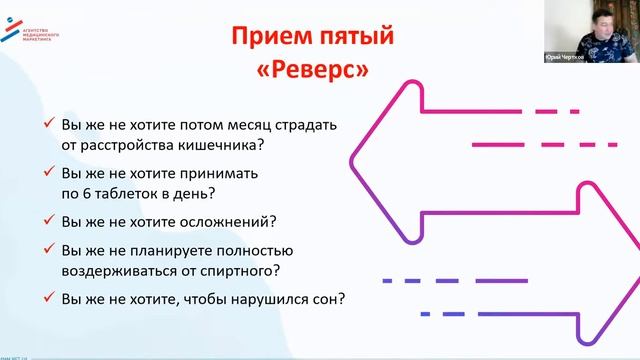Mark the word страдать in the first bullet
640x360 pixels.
[299, 124]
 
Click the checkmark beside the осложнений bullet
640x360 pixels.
[49, 220]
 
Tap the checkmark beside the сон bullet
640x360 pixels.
[49, 297]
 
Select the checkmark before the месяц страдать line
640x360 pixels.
[49, 124]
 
